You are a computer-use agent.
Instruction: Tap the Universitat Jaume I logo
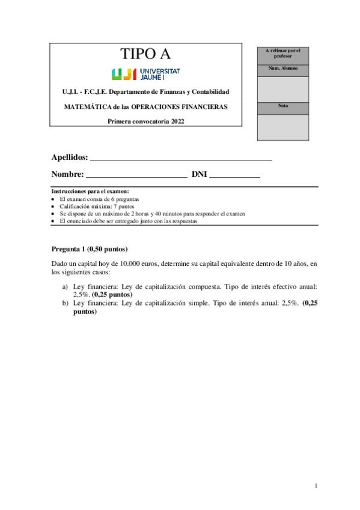click(145, 74)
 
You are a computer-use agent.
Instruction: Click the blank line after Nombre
click(136, 177)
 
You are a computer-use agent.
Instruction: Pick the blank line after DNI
click(234, 177)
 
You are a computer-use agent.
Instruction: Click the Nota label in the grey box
click(283, 106)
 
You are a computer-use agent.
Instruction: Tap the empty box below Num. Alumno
click(283, 88)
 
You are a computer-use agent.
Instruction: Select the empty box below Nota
click(283, 127)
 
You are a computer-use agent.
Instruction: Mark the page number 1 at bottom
click(316, 485)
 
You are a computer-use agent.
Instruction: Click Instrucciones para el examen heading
click(90, 191)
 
